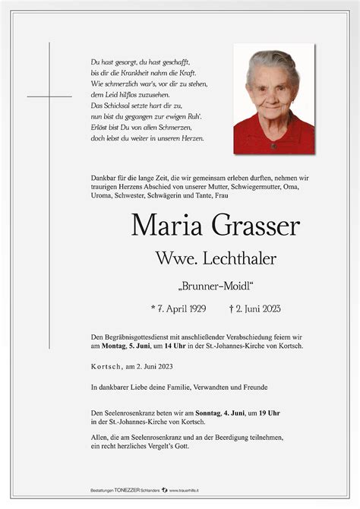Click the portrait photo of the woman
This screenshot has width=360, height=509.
[273, 99]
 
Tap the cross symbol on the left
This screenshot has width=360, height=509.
[49, 96]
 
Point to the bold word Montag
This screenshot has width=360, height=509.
[115, 346]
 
